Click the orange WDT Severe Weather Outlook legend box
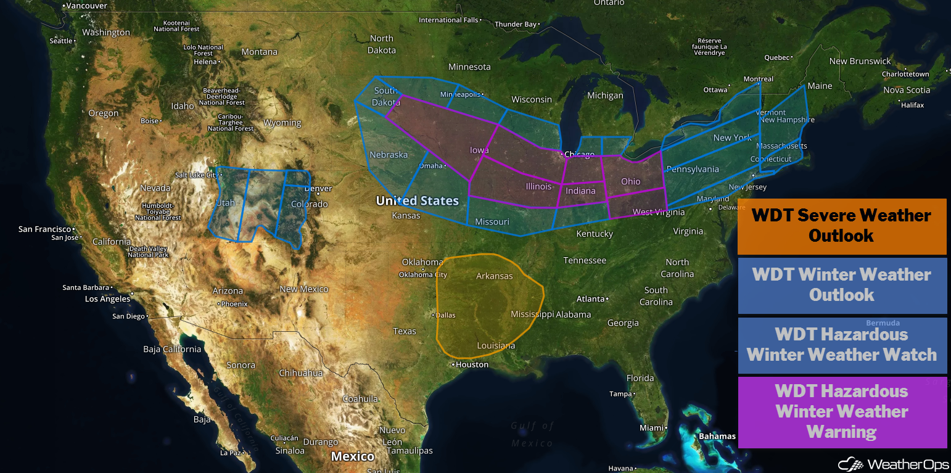842,226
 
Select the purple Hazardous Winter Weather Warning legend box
842,411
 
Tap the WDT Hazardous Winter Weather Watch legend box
842,345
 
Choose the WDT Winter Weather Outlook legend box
842,285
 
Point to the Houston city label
472,364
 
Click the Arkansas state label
494,276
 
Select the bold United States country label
417,200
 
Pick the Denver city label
319,189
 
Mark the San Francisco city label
44,229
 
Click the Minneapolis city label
460,94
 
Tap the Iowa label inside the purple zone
479,150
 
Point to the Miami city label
651,427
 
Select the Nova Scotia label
907,90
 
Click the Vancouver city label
86,6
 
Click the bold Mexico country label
353,456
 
